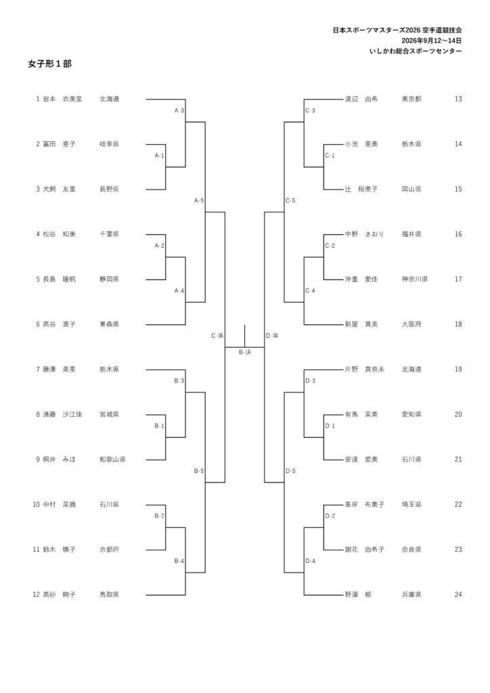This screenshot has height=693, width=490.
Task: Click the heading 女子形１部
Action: click(49, 64)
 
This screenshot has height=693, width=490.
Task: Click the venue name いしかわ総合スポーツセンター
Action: click(416, 51)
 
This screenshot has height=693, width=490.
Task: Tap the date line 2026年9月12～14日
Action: click(432, 41)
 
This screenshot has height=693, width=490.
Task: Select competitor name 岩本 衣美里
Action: click(62, 99)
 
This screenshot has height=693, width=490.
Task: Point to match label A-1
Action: click(160, 156)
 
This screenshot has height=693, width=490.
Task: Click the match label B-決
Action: click(245, 352)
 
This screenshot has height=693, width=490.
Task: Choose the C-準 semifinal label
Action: click(217, 336)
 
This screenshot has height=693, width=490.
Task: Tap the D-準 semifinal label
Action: click(272, 336)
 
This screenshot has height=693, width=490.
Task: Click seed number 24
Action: click(458, 594)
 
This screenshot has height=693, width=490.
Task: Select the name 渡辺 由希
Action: click(361, 99)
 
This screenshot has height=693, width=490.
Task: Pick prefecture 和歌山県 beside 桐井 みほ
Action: click(112, 460)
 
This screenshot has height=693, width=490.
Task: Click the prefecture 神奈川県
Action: click(414, 280)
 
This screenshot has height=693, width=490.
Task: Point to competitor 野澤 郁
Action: click(358, 595)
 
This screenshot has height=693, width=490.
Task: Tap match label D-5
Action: click(291, 471)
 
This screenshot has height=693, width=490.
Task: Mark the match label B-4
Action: click(179, 561)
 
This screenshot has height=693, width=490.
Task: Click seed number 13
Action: click(458, 99)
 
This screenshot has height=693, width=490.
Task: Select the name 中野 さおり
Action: click(365, 234)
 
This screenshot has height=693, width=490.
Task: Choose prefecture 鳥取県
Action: click(109, 595)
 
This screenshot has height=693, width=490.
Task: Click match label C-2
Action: click(330, 246)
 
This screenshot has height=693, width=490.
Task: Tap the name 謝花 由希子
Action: click(365, 550)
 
